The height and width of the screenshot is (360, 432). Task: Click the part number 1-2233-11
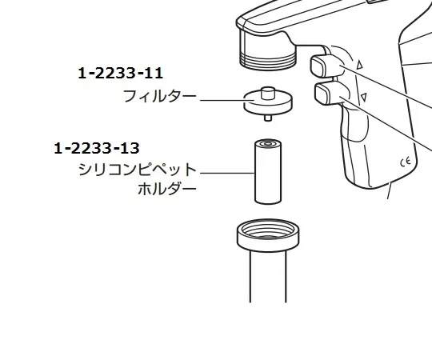(x=121, y=74)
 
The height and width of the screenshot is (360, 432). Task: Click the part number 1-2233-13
(x=97, y=148)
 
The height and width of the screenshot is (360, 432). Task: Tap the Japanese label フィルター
(x=159, y=97)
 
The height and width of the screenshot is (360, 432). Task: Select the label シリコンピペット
(x=137, y=170)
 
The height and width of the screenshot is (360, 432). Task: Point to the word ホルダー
(x=166, y=190)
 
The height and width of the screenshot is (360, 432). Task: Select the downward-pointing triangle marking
(x=364, y=98)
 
